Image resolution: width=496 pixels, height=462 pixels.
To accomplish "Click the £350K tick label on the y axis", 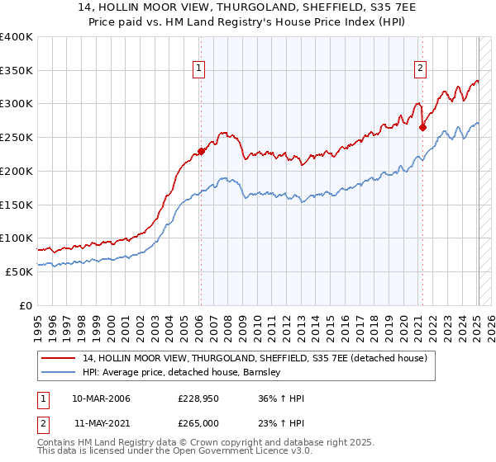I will pos(17,70).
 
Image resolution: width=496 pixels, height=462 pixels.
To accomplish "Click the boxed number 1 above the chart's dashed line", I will pos(200,68).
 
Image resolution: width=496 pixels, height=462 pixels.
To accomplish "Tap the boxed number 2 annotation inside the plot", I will pos(421,68).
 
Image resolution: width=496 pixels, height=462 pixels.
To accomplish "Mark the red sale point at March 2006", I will pos(201,151).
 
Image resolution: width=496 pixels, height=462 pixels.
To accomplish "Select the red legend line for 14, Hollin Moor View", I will pos(60,358).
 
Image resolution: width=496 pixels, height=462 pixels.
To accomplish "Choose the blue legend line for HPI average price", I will pos(60,373).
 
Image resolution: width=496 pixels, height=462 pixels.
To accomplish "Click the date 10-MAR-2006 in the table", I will pos(101,398).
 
